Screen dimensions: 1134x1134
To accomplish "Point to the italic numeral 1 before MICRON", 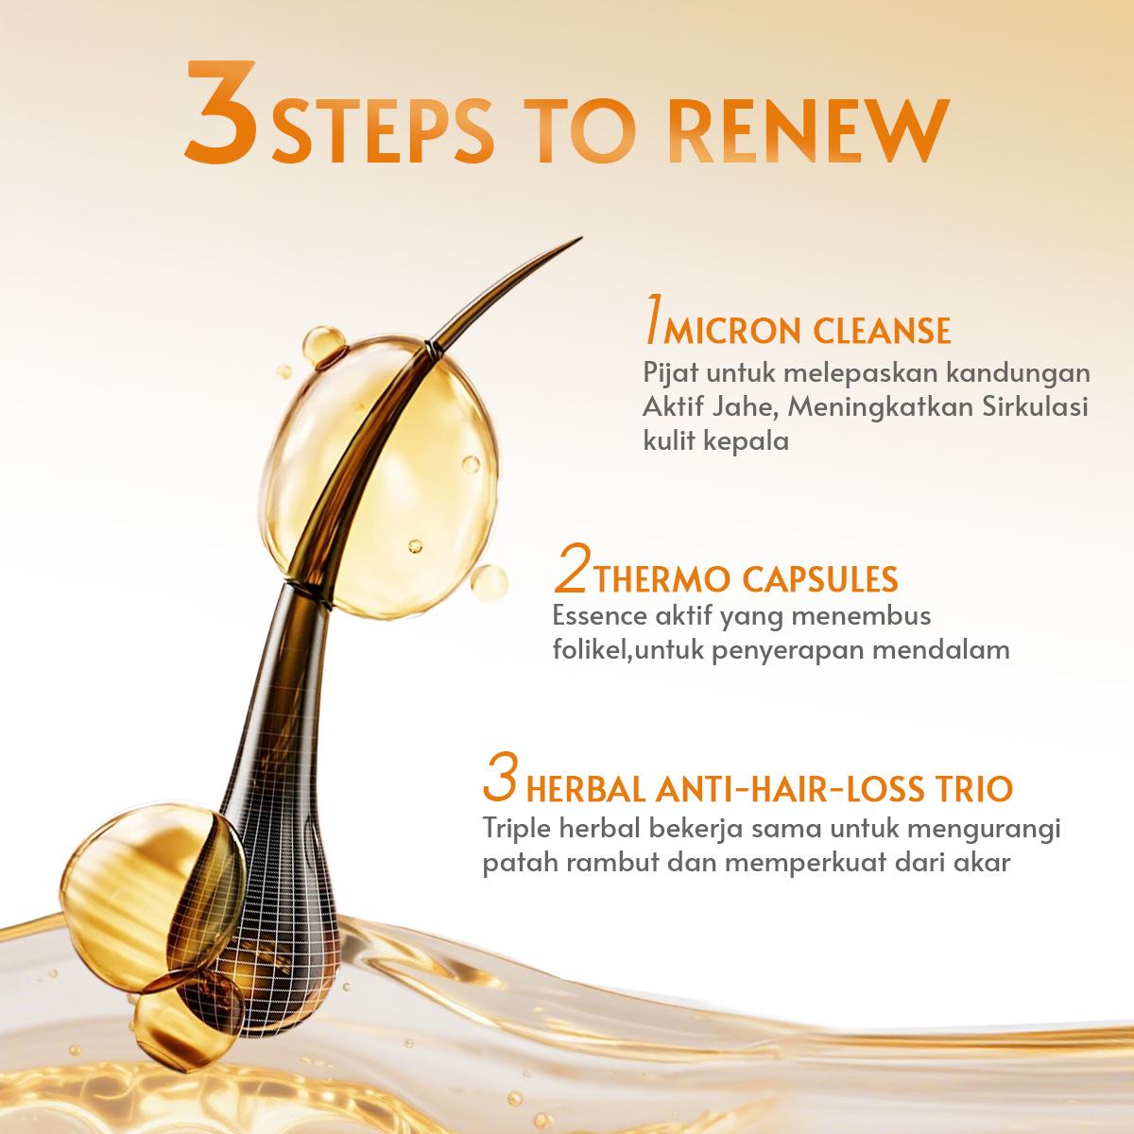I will (650, 322).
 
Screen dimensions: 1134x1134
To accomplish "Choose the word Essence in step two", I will (597, 617).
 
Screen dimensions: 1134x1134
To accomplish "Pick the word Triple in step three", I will (515, 829).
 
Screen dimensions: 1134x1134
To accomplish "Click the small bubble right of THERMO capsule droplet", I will (488, 582).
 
